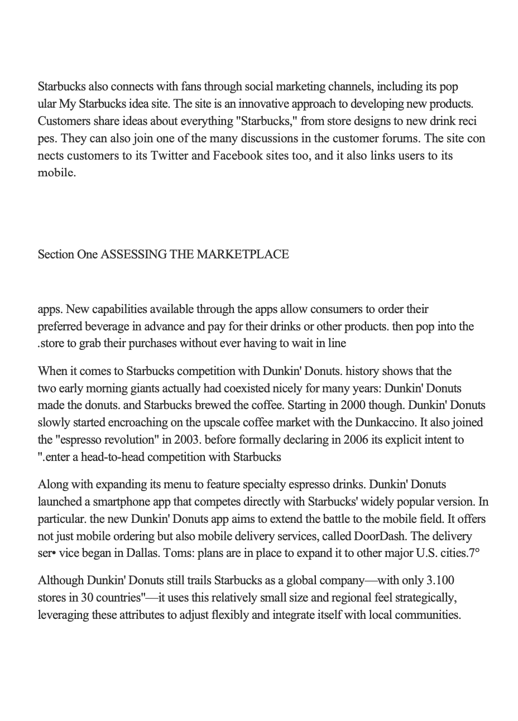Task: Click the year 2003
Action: tap(188, 440)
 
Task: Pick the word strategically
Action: tap(422, 598)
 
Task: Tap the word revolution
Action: tap(129, 440)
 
